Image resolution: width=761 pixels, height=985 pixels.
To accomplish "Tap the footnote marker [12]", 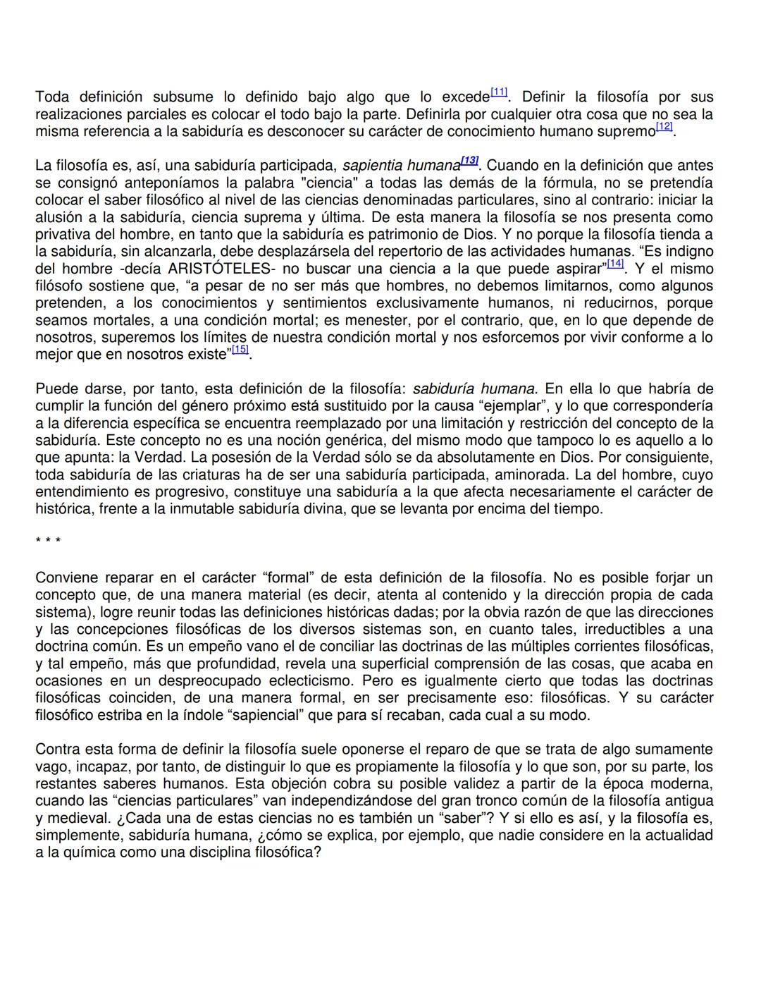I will tap(664, 127).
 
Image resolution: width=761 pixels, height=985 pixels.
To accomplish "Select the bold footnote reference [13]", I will tap(469, 161).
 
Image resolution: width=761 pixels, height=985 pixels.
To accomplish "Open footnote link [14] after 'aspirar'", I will tap(615, 264).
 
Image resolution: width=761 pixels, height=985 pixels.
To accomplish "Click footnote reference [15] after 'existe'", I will tap(240, 350).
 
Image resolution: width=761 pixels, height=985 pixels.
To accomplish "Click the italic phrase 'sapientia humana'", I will tap(401, 166).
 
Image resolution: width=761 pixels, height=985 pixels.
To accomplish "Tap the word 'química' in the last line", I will tap(88, 852).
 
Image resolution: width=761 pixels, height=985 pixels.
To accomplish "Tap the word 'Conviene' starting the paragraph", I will tap(66, 578).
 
